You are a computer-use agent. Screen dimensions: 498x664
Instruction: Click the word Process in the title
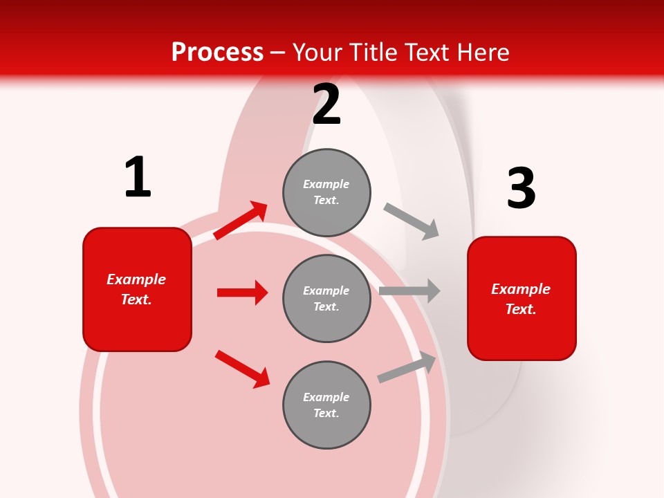(x=217, y=52)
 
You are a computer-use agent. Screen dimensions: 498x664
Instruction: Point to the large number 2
(x=326, y=104)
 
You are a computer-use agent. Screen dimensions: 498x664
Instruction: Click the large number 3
(x=521, y=188)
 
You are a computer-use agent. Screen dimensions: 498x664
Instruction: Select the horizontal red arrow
(x=242, y=293)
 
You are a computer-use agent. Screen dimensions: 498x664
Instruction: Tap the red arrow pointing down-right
(x=243, y=369)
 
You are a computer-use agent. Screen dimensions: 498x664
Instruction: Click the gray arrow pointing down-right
(x=412, y=221)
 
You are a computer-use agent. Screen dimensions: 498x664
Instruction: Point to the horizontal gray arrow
(x=409, y=290)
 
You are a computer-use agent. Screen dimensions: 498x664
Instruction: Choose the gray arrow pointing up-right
(x=407, y=367)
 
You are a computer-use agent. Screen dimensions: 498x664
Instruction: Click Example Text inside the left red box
(x=136, y=289)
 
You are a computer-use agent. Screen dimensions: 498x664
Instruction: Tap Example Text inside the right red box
(x=521, y=299)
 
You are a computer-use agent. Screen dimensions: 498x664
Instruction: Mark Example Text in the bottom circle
(x=326, y=405)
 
